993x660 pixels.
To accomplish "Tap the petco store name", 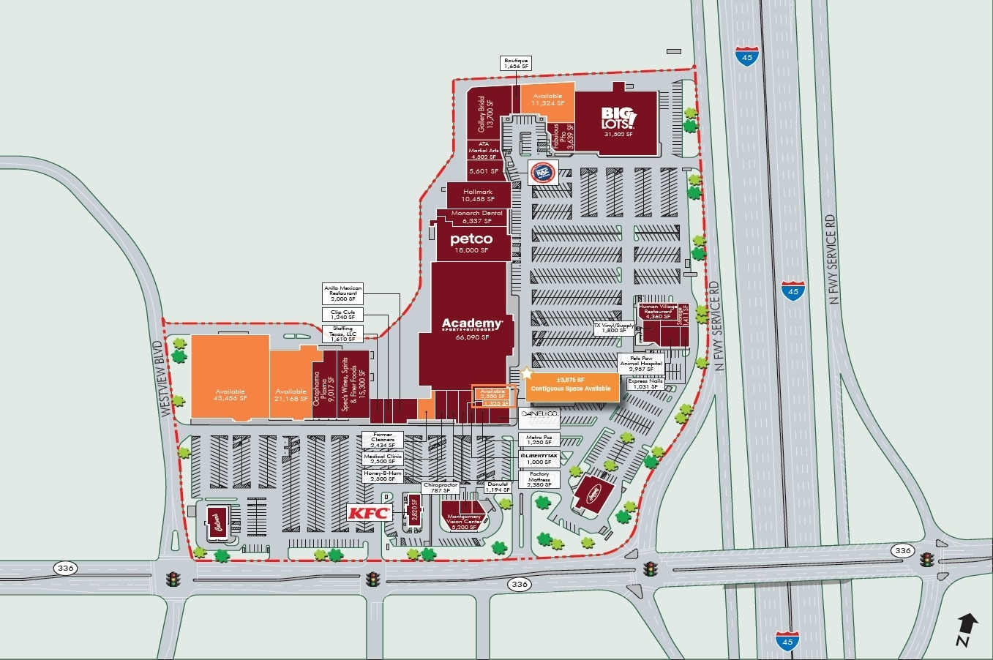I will (471, 239).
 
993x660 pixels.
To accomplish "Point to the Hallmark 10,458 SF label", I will (478, 195).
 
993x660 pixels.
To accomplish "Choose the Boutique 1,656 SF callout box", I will (516, 64).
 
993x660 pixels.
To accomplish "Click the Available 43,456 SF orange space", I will (230, 394).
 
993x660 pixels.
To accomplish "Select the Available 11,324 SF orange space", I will (547, 100).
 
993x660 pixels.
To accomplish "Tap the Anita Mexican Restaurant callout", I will (342, 293).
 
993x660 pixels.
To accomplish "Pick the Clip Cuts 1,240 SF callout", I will (342, 315).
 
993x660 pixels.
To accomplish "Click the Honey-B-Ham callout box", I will (383, 476).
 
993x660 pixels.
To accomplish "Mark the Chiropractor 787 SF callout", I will (441, 488).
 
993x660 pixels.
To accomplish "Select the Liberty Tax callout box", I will (539, 458).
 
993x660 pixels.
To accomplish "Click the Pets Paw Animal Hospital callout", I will (640, 363).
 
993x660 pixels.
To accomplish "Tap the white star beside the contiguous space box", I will (526, 373).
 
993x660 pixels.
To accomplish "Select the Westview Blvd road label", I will (167, 378).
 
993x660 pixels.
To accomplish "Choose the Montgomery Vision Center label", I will (463, 521).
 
